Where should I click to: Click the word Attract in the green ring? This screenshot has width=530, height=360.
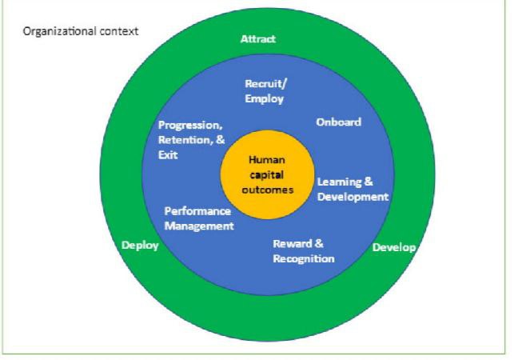pos(258,39)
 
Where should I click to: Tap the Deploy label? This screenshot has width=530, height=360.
pos(140,246)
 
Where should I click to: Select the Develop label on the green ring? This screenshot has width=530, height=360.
pos(394,248)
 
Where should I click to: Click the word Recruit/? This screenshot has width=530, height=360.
pos(265,84)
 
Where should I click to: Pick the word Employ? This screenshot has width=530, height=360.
pos(265,99)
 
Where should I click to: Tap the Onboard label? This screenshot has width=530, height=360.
pos(339,122)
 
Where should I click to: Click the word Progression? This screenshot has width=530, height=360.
pos(190,126)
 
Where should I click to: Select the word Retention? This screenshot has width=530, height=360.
pos(185,140)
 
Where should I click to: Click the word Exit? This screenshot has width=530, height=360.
pos(168,155)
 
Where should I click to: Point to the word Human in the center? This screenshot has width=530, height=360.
pos(267,160)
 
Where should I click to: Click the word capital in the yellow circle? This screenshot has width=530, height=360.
pos(266,175)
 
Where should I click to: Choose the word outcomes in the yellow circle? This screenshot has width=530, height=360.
pos(267,190)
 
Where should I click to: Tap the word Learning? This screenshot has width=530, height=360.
pos(339,182)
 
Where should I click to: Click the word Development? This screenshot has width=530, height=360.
pos(353,197)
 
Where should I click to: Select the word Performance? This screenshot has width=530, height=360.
pos(197,211)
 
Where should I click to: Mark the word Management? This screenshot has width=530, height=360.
pos(199,226)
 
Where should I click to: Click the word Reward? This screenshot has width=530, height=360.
pos(293,244)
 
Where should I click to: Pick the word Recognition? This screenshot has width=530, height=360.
pos(304,259)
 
